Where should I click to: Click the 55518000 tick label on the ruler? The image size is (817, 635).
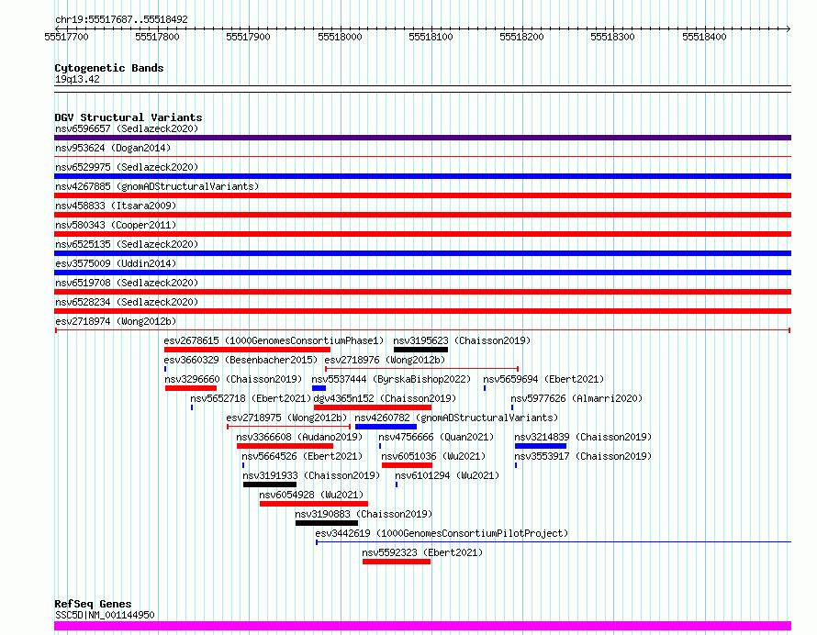(x=340, y=37)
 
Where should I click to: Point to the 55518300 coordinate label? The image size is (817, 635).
(x=613, y=37)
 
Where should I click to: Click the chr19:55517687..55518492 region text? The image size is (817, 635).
(x=121, y=20)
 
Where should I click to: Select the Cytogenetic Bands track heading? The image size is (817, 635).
(x=109, y=68)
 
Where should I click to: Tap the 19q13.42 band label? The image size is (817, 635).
(x=77, y=79)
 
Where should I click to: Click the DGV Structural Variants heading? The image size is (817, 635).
(x=129, y=117)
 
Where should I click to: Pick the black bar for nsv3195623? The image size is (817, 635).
(x=421, y=350)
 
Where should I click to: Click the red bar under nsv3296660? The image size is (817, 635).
(x=191, y=388)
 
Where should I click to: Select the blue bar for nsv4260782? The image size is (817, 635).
(x=386, y=427)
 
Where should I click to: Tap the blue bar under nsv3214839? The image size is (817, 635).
(x=541, y=446)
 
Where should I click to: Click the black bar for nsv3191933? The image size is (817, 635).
(x=270, y=485)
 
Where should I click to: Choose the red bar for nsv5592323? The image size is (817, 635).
(x=397, y=562)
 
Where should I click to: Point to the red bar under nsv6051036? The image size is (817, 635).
(x=407, y=465)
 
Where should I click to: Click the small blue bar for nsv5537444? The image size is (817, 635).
(x=319, y=388)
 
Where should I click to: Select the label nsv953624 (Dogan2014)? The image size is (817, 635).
(x=113, y=148)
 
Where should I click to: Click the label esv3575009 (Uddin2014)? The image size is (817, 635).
(x=116, y=263)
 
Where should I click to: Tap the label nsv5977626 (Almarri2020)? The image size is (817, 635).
(x=576, y=398)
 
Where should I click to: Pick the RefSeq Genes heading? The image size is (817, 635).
(x=93, y=604)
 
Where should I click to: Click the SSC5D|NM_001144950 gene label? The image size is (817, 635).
(x=105, y=615)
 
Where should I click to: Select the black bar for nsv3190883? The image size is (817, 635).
(x=327, y=523)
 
